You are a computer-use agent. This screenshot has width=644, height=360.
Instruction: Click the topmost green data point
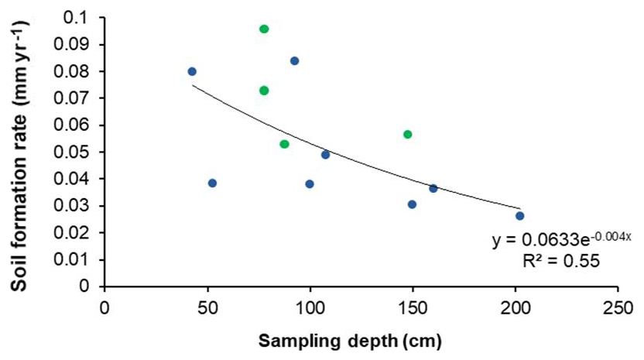click(264, 29)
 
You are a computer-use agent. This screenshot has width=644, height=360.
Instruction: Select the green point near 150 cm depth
click(408, 135)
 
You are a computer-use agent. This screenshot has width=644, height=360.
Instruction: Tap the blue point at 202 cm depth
click(520, 216)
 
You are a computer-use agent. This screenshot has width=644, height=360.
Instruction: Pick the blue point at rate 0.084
click(294, 61)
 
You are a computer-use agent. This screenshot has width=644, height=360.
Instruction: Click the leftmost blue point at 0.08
click(192, 71)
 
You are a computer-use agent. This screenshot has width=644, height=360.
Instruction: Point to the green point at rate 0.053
click(284, 144)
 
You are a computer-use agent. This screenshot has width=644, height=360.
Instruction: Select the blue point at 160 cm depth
click(433, 188)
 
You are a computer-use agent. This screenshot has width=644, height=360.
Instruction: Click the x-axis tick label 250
click(617, 303)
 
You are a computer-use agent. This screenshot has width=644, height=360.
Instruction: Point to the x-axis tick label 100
click(310, 303)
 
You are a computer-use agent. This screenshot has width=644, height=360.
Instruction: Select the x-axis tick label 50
click(207, 303)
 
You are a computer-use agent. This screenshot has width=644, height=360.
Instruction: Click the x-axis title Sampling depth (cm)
click(350, 339)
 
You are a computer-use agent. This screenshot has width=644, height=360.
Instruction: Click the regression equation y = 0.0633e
click(562, 241)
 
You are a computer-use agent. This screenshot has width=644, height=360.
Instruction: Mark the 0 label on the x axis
click(105, 303)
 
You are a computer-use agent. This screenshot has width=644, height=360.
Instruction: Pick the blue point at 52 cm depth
click(212, 183)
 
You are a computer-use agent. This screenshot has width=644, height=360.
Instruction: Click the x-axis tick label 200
click(515, 303)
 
